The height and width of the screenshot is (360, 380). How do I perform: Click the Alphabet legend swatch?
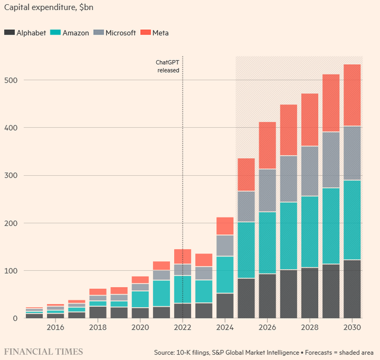(x=9, y=33)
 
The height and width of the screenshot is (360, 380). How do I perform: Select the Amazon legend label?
(x=75, y=33)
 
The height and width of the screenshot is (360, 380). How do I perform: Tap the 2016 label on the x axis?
(x=55, y=327)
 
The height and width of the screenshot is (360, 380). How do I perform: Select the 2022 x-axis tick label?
(x=182, y=327)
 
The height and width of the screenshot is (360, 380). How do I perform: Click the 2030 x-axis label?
(x=352, y=327)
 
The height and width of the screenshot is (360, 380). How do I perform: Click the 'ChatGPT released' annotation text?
(x=167, y=66)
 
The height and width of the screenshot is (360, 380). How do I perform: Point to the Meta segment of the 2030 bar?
(x=352, y=95)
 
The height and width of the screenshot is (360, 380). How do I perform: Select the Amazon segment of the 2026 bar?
(x=267, y=242)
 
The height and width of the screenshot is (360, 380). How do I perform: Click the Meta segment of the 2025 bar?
(x=246, y=175)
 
